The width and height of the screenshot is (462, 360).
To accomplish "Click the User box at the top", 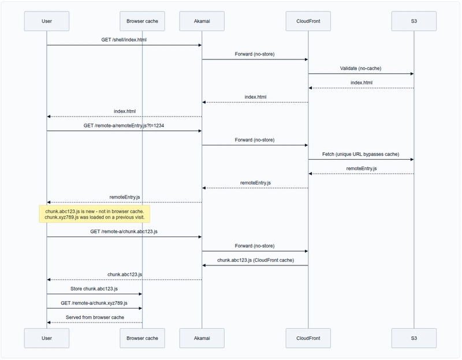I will point(47,21).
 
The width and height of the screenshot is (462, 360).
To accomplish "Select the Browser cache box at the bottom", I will point(142,337).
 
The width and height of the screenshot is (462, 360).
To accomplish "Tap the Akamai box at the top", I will point(202,21).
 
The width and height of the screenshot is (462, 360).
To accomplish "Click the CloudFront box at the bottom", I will point(308,337).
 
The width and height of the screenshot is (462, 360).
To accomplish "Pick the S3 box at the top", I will point(414,21).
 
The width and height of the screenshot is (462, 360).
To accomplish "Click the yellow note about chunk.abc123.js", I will point(95,214).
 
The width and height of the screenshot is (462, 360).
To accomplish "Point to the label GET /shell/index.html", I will point(124,39).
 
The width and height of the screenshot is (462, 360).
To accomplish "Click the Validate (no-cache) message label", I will point(361,68).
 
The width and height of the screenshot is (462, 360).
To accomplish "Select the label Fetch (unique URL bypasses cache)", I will point(361,154).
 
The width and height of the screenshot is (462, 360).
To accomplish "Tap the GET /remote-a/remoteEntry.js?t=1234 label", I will point(124,125).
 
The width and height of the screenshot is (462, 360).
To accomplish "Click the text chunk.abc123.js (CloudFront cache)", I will point(255,260).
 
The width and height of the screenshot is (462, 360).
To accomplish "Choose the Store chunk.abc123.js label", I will point(94,288).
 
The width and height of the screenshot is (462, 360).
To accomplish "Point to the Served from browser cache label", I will point(94,317).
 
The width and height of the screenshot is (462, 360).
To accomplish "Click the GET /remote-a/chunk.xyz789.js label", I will point(94,302).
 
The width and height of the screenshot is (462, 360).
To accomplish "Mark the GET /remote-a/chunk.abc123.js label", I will point(124,231).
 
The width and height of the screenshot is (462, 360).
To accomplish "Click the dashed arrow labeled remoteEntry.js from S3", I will point(361,174).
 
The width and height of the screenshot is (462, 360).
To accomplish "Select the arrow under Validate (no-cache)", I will point(361,74).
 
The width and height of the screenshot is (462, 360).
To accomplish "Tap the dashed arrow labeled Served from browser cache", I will point(94,322).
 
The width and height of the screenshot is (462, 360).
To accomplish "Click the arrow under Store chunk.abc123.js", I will point(94,294).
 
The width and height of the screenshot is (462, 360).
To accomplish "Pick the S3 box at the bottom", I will point(414,337).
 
